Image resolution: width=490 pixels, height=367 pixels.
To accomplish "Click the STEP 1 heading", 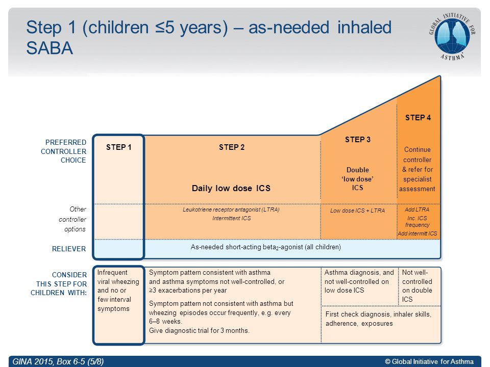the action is point(119,147).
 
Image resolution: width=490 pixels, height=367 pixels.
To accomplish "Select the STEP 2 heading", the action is point(232,147).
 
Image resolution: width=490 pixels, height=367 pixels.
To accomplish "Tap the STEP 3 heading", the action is point(357,140).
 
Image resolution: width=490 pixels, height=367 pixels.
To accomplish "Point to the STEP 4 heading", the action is point(418,118).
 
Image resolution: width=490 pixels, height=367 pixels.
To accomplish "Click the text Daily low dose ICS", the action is point(231,188).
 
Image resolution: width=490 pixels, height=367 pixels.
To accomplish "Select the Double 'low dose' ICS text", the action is point(357,179).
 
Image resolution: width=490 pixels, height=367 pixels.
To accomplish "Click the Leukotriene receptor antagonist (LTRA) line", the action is point(231,209).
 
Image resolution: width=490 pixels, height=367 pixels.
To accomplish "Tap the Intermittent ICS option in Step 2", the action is point(232,218).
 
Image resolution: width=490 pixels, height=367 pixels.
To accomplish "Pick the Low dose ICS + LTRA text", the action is point(357,211).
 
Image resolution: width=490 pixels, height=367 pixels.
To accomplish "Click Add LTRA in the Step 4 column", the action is point(417,209).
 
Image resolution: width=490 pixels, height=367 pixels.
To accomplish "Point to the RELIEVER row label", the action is point(69,249).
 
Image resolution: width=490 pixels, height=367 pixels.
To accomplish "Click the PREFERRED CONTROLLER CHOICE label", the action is point(63,151).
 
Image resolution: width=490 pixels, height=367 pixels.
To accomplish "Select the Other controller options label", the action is point(72,219).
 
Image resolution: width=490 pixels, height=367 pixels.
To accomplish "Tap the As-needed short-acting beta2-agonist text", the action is point(265,247).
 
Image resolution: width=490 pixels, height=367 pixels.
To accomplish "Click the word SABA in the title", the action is point(50,48).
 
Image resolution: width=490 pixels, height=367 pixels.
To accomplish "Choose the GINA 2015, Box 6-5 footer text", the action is point(58,361).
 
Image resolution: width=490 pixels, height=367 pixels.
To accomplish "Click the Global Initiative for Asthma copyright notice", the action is point(429,361).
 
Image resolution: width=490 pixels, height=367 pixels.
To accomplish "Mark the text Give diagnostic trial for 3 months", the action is point(199,330).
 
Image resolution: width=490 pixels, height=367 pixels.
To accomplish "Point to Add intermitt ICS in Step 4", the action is point(418,233).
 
